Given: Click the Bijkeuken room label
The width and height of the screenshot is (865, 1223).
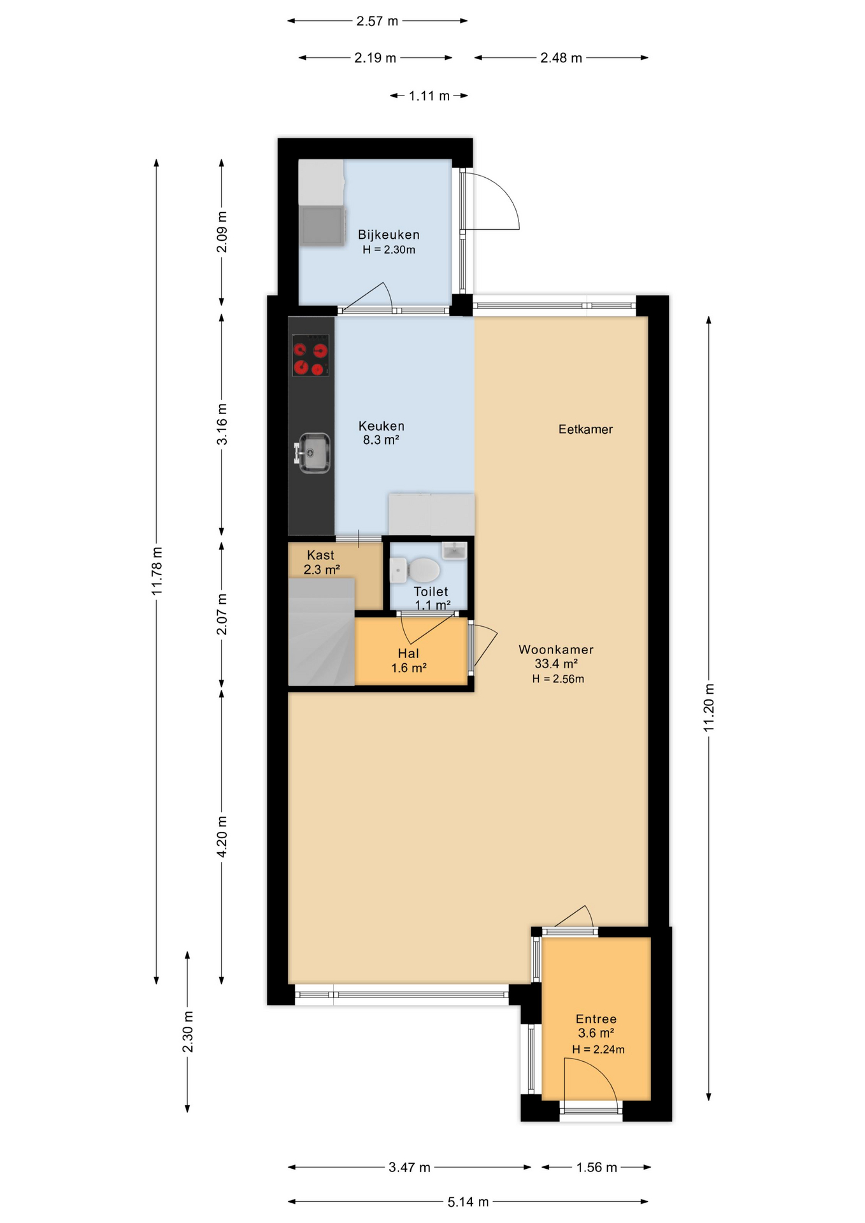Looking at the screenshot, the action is click(389, 235).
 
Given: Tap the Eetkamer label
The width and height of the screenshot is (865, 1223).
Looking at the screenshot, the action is click(585, 429).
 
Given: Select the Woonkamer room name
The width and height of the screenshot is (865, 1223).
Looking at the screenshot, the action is click(556, 650).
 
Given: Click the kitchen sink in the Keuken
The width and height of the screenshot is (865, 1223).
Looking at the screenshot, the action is click(313, 453).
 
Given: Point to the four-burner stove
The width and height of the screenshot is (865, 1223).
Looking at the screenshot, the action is click(310, 355).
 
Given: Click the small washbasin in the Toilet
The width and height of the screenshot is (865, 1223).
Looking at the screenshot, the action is click(454, 550).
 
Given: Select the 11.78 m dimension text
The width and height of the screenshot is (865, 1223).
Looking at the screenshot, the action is click(157, 571).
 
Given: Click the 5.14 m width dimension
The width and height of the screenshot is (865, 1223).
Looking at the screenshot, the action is click(468, 1201).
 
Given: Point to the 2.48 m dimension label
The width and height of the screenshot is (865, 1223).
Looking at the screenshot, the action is click(561, 58).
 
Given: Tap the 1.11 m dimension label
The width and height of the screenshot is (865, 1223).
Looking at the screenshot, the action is click(429, 96).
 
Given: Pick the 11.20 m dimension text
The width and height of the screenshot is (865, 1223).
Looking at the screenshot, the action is click(709, 708).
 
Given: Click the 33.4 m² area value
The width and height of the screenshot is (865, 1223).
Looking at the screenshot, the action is click(556, 664).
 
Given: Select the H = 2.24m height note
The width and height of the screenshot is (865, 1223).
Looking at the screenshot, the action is click(598, 1049).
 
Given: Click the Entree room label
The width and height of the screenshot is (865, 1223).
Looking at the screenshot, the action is click(596, 1019).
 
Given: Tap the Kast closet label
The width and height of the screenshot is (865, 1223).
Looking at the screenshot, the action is click(320, 555).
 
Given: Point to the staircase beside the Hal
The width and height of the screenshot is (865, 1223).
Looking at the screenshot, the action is click(321, 631).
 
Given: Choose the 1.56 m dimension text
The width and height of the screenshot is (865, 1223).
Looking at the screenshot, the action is click(597, 1168).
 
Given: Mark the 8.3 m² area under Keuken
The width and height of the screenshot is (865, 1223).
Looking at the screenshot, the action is click(381, 440).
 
